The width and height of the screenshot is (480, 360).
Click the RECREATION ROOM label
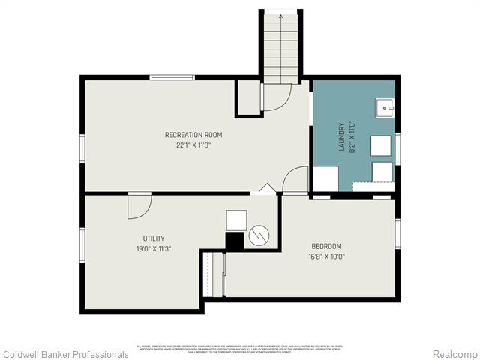click(193, 135)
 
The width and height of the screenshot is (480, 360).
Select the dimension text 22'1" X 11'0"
click(193, 145)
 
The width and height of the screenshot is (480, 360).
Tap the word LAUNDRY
click(341, 137)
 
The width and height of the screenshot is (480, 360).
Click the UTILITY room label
click(154, 238)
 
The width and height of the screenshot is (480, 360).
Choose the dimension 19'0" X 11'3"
click(154, 249)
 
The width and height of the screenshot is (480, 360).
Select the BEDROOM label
click(326, 246)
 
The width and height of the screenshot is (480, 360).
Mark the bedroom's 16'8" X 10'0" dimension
click(326, 256)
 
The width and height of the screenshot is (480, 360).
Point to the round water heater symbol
click(259, 235)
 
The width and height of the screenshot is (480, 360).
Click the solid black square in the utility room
click(235, 241)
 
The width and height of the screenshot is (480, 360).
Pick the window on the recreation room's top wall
click(172, 77)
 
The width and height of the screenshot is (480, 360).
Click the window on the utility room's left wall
click(82, 245)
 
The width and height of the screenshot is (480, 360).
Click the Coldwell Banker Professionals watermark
click(65, 353)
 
